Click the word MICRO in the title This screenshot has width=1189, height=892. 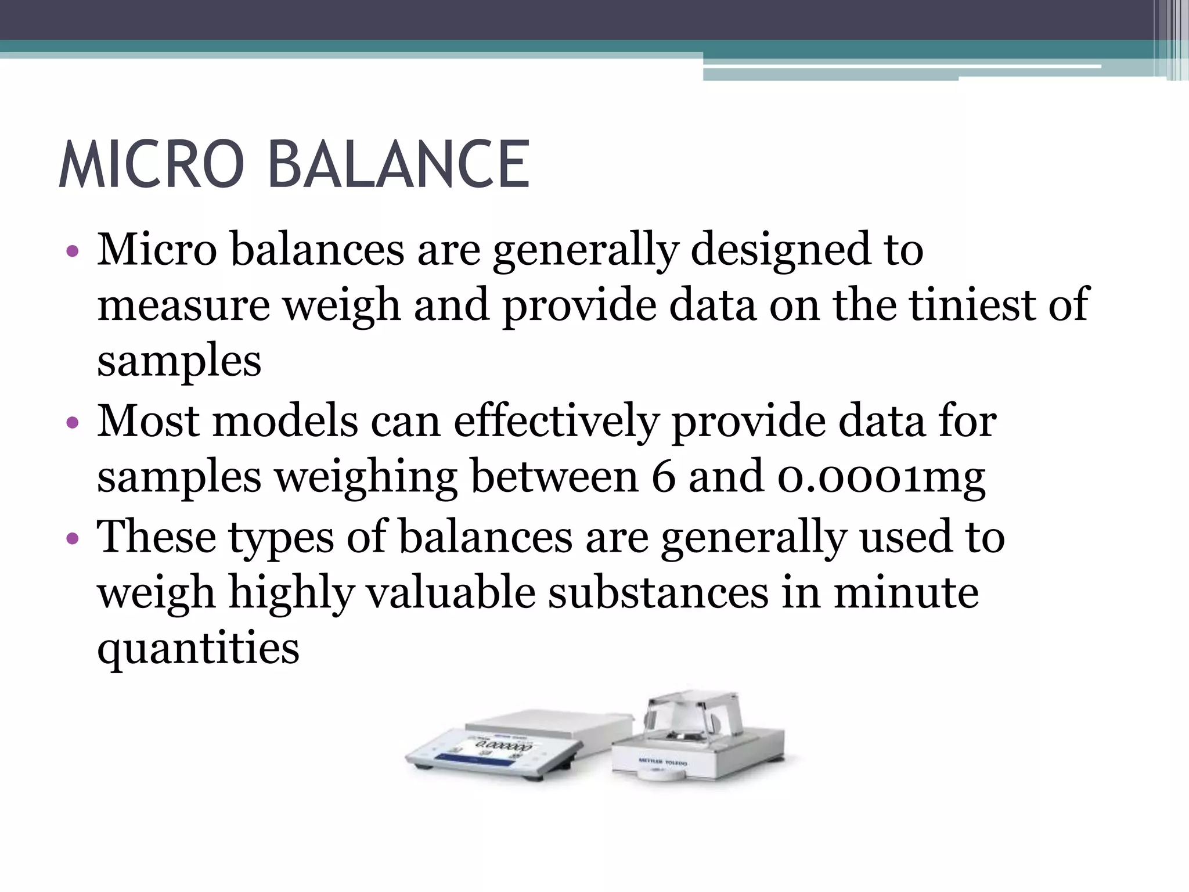(152, 164)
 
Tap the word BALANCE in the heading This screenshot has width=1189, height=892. (398, 164)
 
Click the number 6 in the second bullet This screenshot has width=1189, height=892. (663, 477)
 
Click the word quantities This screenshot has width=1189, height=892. (198, 649)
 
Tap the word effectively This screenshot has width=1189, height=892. (556, 421)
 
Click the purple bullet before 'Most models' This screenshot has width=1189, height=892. (73, 423)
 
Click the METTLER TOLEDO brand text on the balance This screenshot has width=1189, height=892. (662, 761)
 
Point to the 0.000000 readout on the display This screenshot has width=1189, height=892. (503, 745)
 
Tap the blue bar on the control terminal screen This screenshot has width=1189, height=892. (458, 756)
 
